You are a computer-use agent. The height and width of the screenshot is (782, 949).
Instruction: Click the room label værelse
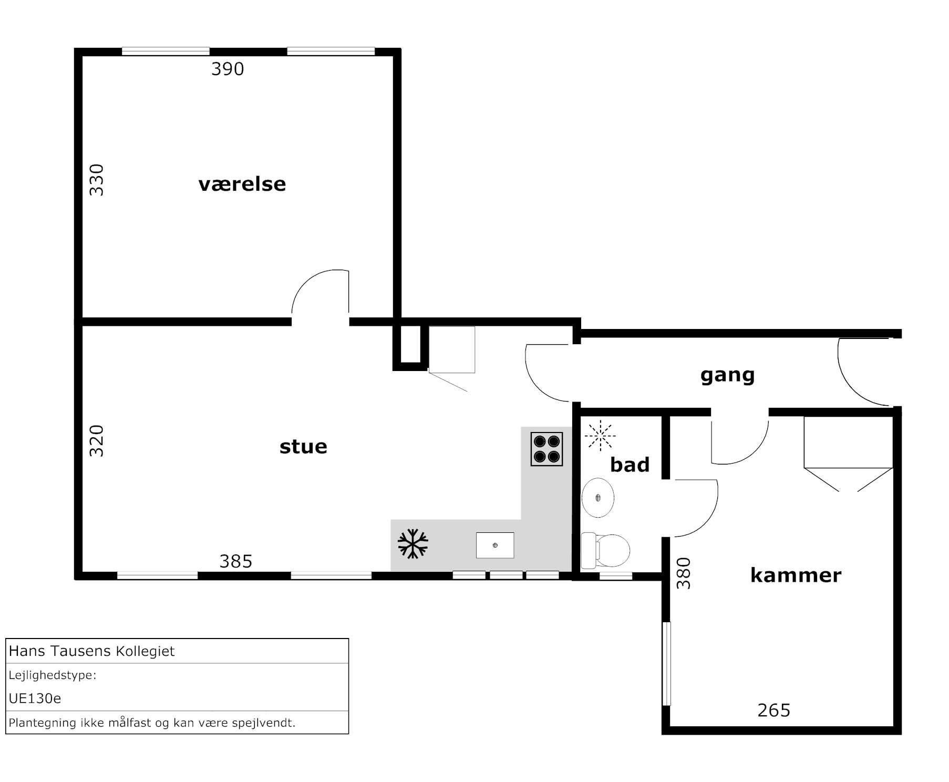tap(242, 184)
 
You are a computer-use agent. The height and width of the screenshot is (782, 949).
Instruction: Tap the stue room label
tap(303, 446)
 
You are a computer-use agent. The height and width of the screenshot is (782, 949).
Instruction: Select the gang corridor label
tap(727, 375)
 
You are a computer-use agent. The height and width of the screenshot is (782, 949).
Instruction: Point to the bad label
tap(630, 464)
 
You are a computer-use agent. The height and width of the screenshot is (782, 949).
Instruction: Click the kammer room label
tap(796, 575)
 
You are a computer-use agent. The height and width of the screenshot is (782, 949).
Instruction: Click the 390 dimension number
tap(228, 69)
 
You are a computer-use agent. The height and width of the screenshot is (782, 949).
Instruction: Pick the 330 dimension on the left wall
tap(97, 180)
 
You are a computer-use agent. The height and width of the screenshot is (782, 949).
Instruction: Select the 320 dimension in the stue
tap(97, 441)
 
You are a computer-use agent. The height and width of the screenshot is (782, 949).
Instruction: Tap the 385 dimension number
tap(236, 561)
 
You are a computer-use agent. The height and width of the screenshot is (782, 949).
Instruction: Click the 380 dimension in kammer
tap(683, 573)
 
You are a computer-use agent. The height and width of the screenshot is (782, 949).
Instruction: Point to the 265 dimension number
tap(774, 711)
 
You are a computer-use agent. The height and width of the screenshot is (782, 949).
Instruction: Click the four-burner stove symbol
tap(546, 449)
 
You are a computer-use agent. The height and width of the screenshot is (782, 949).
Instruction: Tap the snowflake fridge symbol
tap(413, 544)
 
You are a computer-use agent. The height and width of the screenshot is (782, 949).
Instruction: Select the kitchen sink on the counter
tap(495, 545)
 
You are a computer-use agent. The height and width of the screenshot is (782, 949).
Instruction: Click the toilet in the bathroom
tap(605, 550)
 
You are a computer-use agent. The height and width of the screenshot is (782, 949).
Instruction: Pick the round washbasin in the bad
tap(598, 497)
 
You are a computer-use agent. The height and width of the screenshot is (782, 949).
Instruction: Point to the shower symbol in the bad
tap(600, 436)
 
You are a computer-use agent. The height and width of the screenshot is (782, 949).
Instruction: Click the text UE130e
tap(35, 698)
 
